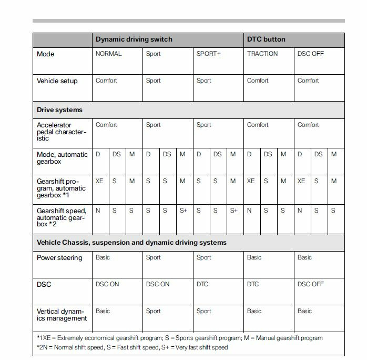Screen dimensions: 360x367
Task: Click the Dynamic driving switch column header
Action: point(134,39)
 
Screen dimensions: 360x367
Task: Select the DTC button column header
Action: point(267,39)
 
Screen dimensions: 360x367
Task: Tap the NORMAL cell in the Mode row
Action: point(108,54)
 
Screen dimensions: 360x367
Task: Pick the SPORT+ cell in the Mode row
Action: point(209,54)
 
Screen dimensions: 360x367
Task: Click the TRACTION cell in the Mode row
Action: point(262,54)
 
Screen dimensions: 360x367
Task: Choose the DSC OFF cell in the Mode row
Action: point(311,54)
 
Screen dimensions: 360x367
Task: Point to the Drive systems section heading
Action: point(59,110)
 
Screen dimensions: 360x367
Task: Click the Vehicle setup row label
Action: point(57,81)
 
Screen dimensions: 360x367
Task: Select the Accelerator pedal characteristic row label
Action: point(62,132)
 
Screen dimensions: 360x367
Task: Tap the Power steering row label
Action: point(59,258)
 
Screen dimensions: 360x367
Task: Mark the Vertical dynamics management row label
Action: point(60,315)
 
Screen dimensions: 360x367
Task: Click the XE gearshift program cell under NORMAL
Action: point(99,181)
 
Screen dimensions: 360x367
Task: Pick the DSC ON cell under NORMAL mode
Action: point(107,284)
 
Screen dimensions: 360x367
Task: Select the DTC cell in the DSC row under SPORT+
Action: point(202,284)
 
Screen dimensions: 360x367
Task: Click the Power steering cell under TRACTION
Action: point(254,257)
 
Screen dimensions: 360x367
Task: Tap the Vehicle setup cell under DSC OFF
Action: point(308,81)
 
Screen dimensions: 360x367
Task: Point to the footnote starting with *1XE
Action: point(179,338)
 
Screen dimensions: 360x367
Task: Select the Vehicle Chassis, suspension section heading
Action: point(131,243)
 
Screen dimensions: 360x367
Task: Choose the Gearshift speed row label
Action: point(62,217)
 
